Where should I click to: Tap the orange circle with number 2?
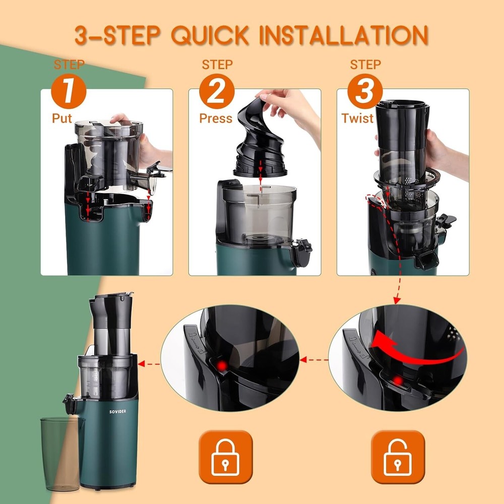coord(217,92)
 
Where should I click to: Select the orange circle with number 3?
coord(365,92)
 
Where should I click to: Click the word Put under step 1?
coord(62,118)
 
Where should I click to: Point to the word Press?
coord(216,118)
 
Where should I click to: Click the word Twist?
coord(358,118)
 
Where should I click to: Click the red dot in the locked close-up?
coord(220,365)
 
